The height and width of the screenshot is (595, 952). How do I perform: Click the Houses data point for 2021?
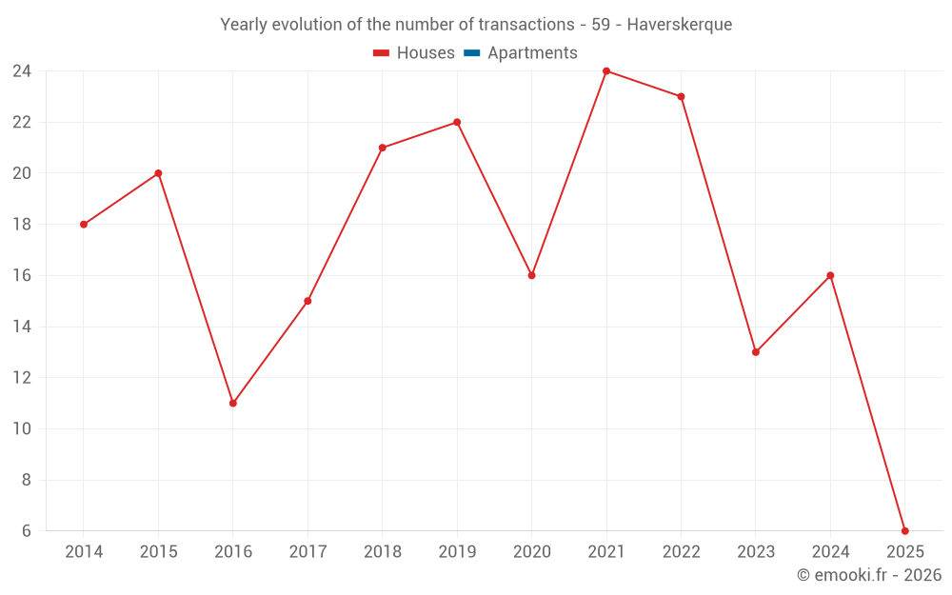(x=606, y=71)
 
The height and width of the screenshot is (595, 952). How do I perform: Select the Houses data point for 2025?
(x=905, y=531)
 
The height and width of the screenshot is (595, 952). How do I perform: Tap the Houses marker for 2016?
(x=233, y=403)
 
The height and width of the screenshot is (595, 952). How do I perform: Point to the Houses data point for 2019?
(x=457, y=122)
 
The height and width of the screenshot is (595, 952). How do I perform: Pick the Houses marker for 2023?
(x=756, y=352)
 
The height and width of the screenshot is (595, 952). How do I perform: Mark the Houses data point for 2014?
(x=84, y=225)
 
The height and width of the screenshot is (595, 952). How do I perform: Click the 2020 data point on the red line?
(x=532, y=275)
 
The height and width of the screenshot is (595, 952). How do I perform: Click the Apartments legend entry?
(x=531, y=53)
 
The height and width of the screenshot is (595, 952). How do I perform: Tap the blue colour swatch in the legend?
(x=472, y=53)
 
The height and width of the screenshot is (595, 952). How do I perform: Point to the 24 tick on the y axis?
(x=22, y=71)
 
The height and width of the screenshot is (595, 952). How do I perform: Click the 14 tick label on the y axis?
(x=22, y=327)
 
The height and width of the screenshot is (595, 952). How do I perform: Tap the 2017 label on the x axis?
(x=307, y=552)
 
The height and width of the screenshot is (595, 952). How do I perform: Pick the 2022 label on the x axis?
(x=681, y=552)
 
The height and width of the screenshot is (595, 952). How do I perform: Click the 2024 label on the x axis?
(x=830, y=552)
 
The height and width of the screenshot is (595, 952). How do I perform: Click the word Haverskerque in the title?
(x=680, y=25)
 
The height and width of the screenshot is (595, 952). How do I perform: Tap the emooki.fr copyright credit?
(x=869, y=575)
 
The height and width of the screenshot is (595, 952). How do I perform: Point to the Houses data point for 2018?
(x=383, y=148)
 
